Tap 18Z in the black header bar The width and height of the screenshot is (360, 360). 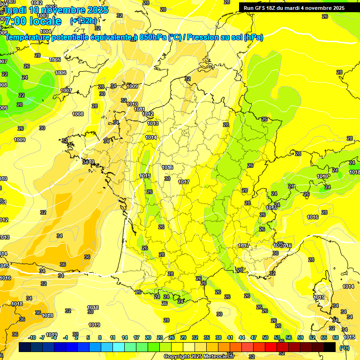(x=276, y=7)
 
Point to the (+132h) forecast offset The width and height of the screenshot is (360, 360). (x=83, y=21)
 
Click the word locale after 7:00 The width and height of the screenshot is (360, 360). (x=45, y=21)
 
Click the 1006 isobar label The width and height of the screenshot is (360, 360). (x=60, y=73)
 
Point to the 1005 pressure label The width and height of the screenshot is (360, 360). (x=55, y=60)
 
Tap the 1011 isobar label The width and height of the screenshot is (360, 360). (x=139, y=109)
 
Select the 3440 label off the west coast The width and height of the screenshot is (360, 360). (x=88, y=162)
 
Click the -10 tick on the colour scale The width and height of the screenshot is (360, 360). (x=32, y=337)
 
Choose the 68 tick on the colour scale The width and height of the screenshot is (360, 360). (x=336, y=337)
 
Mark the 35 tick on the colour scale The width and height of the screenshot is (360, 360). (x=207, y=337)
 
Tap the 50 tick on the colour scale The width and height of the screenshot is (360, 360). (x=265, y=337)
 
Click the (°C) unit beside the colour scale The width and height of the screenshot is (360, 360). (x=344, y=347)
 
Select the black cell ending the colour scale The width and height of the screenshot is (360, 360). (x=330, y=347)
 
